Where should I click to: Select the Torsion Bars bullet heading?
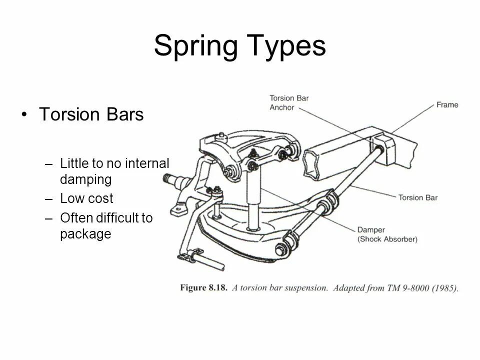(91, 114)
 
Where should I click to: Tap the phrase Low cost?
(86, 198)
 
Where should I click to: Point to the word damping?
(85, 179)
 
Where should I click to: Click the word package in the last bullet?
(85, 233)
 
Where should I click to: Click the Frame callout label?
(447, 105)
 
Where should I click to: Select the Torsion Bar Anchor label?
(289, 102)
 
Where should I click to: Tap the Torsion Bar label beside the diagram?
(417, 197)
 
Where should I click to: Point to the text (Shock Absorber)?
(387, 239)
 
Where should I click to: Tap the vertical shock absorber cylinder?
(253, 200)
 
